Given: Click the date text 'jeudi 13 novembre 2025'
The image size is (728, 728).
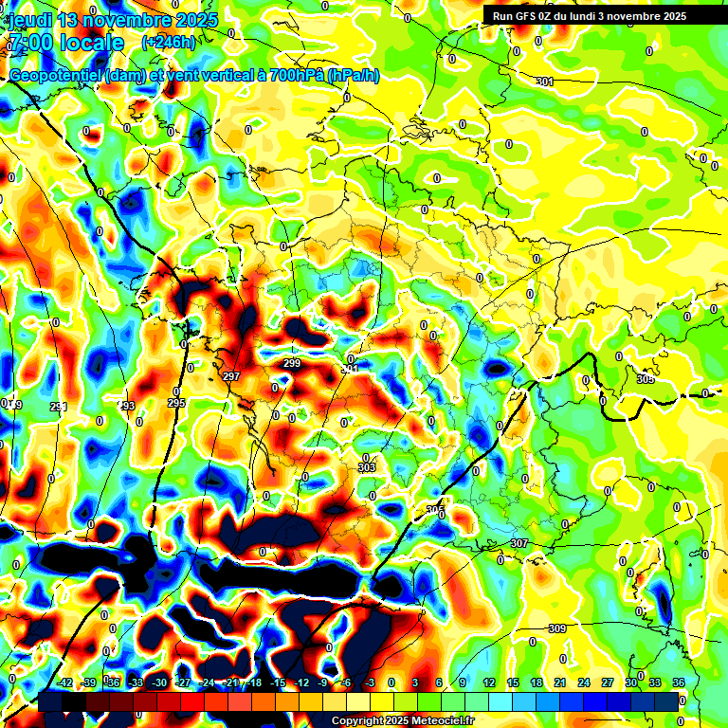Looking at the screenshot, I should (x=113, y=20).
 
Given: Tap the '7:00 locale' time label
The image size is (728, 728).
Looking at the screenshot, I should (x=65, y=43).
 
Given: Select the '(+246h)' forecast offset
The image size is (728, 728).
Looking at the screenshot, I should (x=168, y=43).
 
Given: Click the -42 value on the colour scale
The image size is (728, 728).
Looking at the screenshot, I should (x=65, y=682).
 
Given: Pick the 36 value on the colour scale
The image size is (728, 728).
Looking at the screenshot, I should (x=679, y=682).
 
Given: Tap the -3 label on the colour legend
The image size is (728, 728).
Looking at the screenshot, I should (x=369, y=682).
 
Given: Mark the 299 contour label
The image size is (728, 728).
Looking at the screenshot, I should (x=292, y=363).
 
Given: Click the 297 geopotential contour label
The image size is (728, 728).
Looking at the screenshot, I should (x=231, y=376).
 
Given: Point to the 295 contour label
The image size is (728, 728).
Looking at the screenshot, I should (x=176, y=403).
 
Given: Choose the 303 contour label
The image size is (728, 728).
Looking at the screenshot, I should (x=368, y=467).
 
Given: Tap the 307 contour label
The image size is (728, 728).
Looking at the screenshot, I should (x=519, y=543).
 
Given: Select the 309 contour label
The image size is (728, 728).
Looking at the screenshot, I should (x=557, y=628).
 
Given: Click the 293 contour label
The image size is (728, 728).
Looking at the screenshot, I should (x=128, y=406).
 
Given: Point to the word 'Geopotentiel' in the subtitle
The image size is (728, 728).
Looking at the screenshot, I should (x=56, y=76).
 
